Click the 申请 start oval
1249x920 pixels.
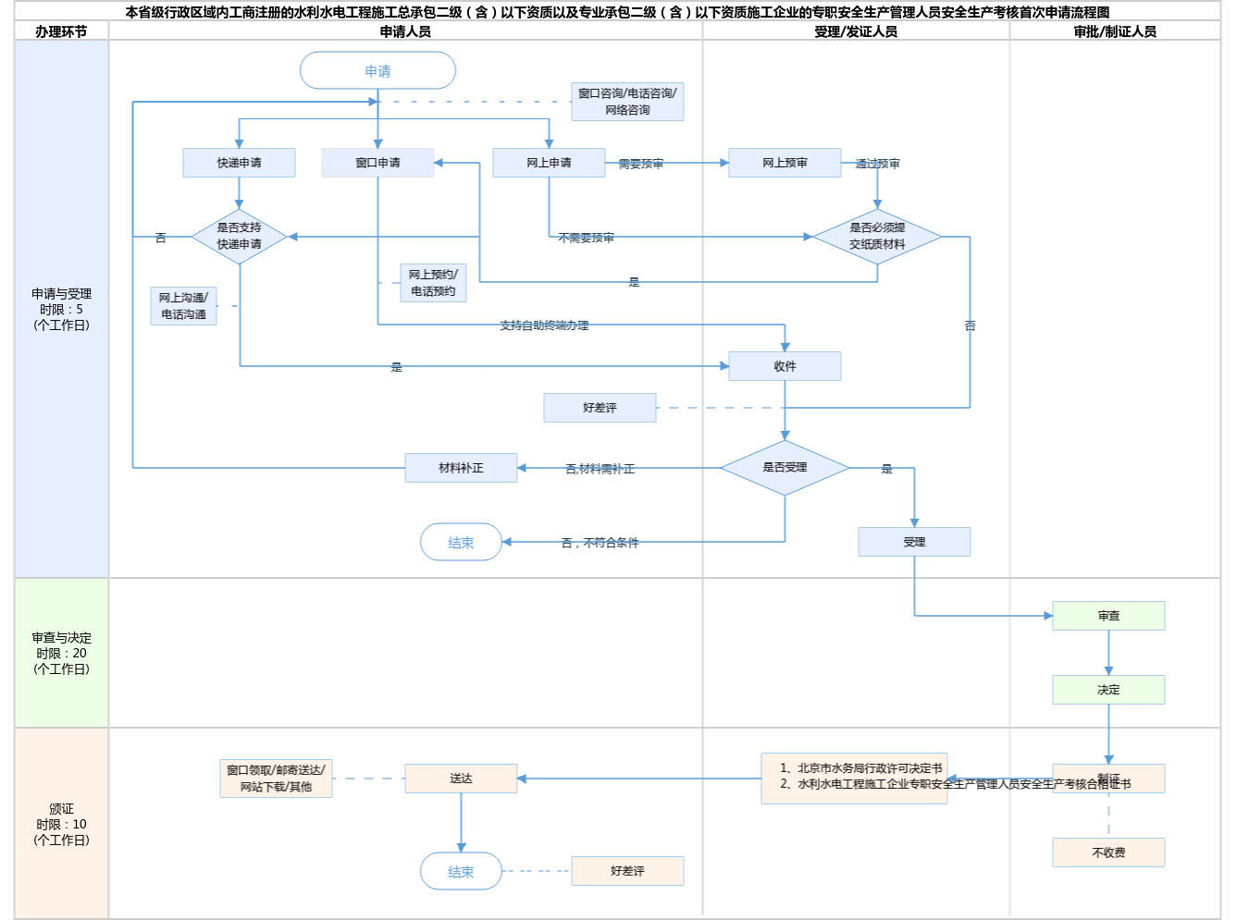coord(377,71)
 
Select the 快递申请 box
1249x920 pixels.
coord(239,163)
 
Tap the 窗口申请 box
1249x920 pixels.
coord(377,163)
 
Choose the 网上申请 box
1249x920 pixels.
coord(549,163)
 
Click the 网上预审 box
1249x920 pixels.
coord(785,163)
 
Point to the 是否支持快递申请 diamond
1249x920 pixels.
coord(239,237)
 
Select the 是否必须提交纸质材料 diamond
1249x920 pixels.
coord(877,237)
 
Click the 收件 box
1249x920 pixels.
coord(785,366)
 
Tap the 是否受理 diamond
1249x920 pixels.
coord(785,468)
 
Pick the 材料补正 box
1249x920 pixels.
coord(461,468)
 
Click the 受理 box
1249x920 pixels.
coord(914,542)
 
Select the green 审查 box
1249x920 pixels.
coord(1108,616)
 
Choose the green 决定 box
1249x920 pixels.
coord(1108,690)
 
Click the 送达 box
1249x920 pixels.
coord(461,779)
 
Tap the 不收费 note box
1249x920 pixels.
coord(1108,853)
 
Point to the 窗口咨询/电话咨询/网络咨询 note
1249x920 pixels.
coord(627,102)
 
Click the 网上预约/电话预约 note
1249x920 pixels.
coord(433,283)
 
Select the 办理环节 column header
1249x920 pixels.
coord(61,31)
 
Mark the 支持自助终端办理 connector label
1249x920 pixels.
coord(544,325)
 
